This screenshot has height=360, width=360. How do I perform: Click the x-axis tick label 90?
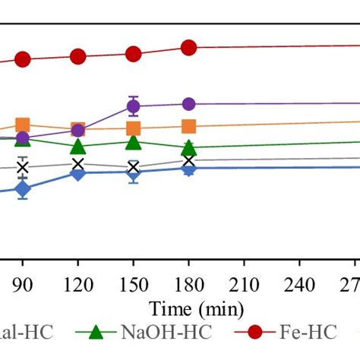pyautogui.click(x=23, y=284)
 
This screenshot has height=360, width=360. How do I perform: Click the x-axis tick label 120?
pyautogui.click(x=78, y=284)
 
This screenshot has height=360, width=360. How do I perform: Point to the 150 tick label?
pyautogui.click(x=133, y=284)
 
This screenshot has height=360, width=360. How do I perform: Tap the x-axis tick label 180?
pyautogui.click(x=188, y=284)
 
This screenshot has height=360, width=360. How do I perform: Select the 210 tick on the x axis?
pyautogui.click(x=244, y=284)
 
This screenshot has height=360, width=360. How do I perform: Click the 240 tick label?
pyautogui.click(x=299, y=284)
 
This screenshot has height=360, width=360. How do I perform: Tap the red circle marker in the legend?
pyautogui.click(x=254, y=333)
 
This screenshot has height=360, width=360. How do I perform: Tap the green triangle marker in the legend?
pyautogui.click(x=96, y=333)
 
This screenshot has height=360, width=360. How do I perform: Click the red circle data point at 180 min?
pyautogui.click(x=188, y=48)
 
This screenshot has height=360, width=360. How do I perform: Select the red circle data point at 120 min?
pyautogui.click(x=78, y=57)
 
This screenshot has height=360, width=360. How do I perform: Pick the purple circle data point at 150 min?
pyautogui.click(x=133, y=106)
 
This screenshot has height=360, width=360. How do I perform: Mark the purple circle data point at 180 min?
pyautogui.click(x=188, y=104)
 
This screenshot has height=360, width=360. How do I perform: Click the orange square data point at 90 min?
pyautogui.click(x=23, y=125)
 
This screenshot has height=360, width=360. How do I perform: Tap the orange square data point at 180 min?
pyautogui.click(x=188, y=127)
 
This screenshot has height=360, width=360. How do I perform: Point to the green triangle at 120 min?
pyautogui.click(x=78, y=147)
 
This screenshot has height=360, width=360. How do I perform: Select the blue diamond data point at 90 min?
pyautogui.click(x=23, y=189)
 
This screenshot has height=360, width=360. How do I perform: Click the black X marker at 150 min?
pyautogui.click(x=133, y=167)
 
